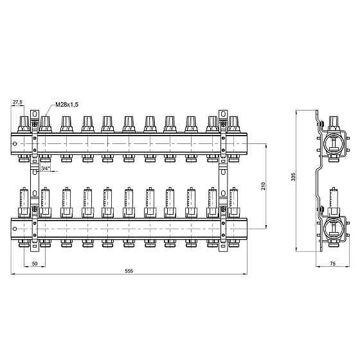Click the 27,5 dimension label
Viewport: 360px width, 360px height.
point(17,102)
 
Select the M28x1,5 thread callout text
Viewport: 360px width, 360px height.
point(67,105)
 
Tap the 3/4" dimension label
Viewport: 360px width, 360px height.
point(45,168)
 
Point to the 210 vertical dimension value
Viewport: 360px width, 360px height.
point(263,186)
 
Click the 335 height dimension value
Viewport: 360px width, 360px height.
point(293,177)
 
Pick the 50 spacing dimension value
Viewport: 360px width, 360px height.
point(35,264)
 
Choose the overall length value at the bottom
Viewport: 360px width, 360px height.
point(129,271)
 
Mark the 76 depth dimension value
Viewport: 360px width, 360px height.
point(332,264)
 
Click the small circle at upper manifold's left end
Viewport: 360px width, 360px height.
point(15,144)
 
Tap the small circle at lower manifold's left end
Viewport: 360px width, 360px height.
point(15,229)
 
